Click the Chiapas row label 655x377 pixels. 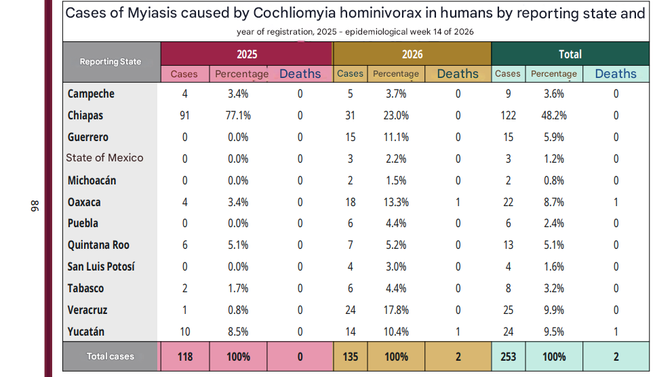click(x=85, y=116)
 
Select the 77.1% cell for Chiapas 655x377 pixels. click(x=238, y=116)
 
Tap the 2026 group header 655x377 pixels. click(x=412, y=54)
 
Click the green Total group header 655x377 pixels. click(x=570, y=54)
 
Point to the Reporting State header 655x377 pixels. click(x=111, y=62)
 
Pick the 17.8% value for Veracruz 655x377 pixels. click(x=396, y=310)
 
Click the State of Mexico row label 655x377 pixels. click(x=104, y=158)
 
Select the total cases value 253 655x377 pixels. click(x=508, y=357)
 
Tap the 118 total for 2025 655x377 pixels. click(x=185, y=357)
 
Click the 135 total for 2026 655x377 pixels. click(x=350, y=357)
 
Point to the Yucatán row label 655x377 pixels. click(x=85, y=332)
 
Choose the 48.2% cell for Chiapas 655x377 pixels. click(x=554, y=116)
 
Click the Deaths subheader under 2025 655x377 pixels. click(x=300, y=74)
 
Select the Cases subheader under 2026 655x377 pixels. click(x=350, y=73)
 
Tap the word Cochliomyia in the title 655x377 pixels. click(x=294, y=14)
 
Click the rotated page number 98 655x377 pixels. click(x=35, y=206)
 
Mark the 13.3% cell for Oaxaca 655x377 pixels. click(x=396, y=203)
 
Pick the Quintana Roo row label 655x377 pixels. click(x=98, y=245)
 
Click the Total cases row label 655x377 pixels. click(x=111, y=357)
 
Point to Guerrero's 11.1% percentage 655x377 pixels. click(x=396, y=138)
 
